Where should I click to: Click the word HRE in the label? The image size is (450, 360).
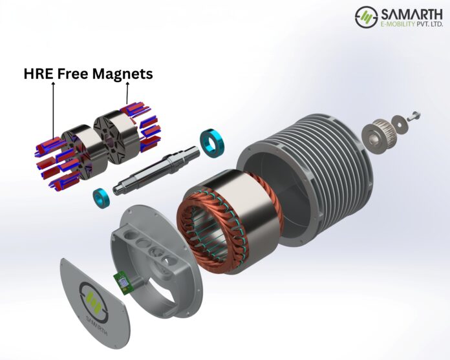coord(38,74)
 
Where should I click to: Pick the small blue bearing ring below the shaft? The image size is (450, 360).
coord(102,195)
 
